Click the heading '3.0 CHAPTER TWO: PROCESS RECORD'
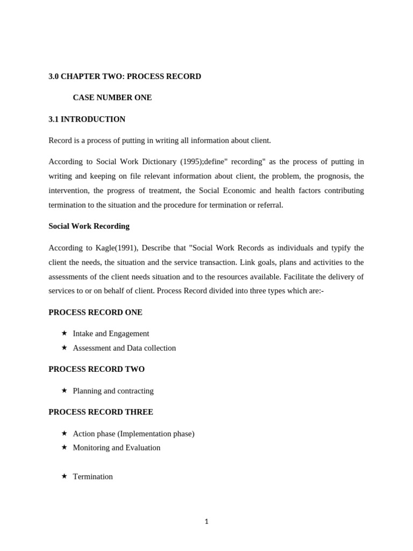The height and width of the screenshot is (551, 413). point(125,76)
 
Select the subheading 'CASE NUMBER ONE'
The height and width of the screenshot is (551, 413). point(112,97)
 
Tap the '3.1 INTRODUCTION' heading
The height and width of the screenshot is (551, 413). point(87,119)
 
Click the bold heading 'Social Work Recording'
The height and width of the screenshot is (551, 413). point(89,226)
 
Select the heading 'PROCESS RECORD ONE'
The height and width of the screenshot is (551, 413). point(95,312)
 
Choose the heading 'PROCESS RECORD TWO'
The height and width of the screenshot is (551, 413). point(96,369)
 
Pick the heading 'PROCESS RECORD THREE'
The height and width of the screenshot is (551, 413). point(101,412)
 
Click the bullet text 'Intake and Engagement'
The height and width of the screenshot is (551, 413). point(111,334)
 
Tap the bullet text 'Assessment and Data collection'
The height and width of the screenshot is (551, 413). point(124,348)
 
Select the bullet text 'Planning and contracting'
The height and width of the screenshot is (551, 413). point(113,391)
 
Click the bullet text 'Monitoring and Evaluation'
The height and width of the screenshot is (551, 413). point(116,448)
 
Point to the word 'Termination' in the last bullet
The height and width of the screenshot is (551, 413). point(92,476)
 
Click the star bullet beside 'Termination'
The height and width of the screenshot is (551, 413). point(64,476)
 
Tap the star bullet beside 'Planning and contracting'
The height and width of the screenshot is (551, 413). point(64,390)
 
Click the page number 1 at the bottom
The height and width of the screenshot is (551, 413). point(206,521)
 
